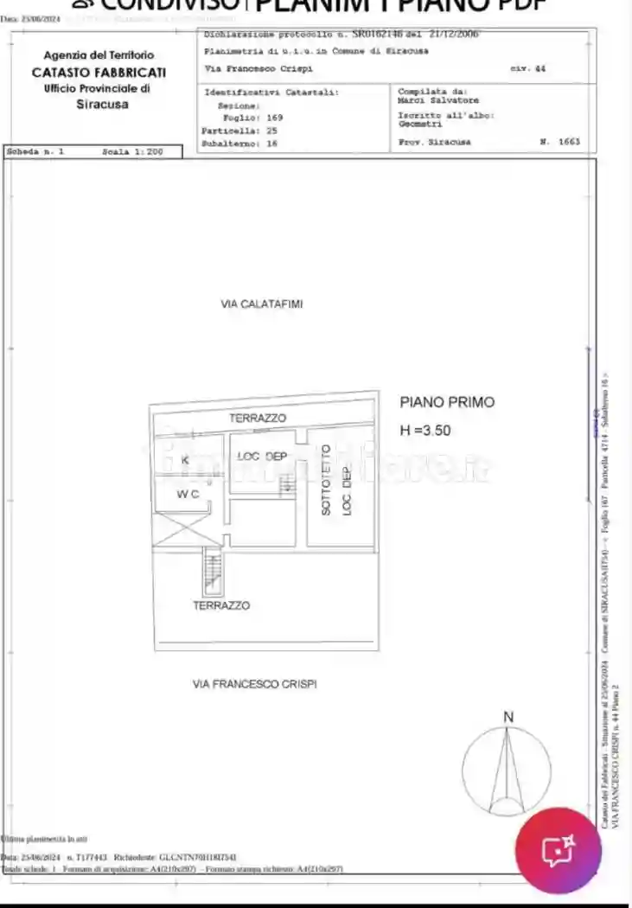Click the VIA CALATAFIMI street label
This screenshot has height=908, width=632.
(261, 304)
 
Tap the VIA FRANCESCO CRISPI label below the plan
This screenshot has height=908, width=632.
(254, 684)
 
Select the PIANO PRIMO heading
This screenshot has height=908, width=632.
(447, 402)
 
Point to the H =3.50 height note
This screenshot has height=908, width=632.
(425, 430)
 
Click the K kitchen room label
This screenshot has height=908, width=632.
(184, 461)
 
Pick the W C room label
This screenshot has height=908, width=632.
(188, 495)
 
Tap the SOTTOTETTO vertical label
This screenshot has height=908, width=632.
(326, 480)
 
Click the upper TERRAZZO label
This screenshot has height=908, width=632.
(257, 419)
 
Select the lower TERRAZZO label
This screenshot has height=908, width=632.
(221, 605)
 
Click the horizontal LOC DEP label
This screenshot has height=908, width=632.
(262, 457)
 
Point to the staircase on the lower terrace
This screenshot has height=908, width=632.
(211, 572)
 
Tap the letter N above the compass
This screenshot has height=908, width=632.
(508, 717)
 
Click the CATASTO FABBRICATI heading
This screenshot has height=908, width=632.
(99, 72)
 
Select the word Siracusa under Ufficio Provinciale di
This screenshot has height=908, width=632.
(102, 105)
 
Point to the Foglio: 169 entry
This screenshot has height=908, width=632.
(252, 117)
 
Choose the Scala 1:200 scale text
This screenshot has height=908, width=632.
(132, 151)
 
